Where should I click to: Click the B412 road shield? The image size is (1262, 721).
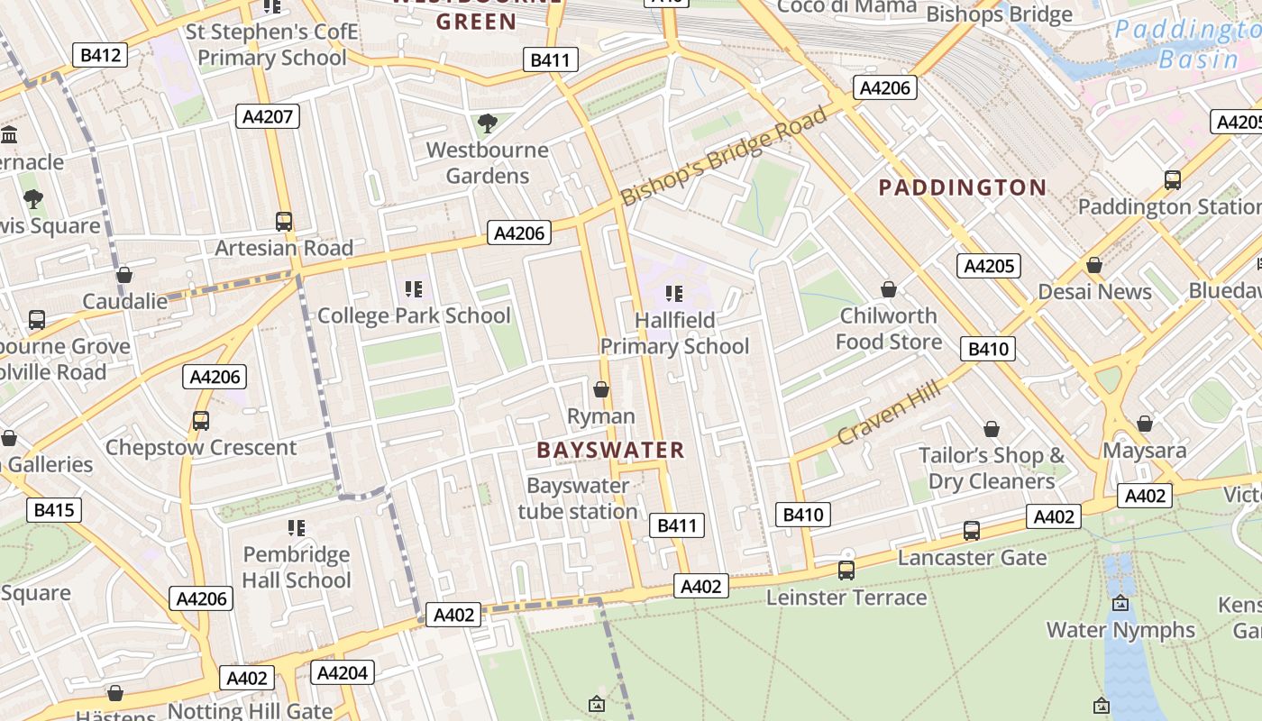click(x=100, y=55)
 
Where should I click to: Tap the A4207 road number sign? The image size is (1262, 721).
click(x=268, y=116)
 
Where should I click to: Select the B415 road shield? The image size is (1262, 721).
click(x=54, y=510)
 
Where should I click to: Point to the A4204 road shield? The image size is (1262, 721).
click(x=343, y=672)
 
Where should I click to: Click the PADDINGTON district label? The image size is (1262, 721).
click(x=962, y=187)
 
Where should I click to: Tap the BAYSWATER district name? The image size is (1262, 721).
click(x=610, y=450)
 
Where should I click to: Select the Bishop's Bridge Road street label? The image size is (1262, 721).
click(x=724, y=156)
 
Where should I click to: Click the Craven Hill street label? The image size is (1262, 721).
click(x=889, y=412)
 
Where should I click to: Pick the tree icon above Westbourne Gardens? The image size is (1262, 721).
click(x=488, y=123)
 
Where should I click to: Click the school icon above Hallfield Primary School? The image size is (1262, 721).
click(x=673, y=293)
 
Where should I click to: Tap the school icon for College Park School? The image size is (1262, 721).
click(x=414, y=289)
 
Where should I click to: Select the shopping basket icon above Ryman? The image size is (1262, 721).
click(x=601, y=389)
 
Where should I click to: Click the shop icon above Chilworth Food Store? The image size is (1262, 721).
click(x=889, y=289)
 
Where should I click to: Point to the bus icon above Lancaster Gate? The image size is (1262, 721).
click(x=972, y=531)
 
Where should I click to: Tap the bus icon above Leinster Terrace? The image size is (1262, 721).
click(x=846, y=570)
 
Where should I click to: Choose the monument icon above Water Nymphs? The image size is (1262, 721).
click(x=1120, y=603)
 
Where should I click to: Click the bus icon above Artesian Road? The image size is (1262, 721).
click(x=284, y=221)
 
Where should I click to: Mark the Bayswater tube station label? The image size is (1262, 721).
click(x=578, y=498)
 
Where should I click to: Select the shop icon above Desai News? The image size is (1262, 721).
click(x=1094, y=265)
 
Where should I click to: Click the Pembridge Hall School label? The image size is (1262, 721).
click(x=296, y=567)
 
